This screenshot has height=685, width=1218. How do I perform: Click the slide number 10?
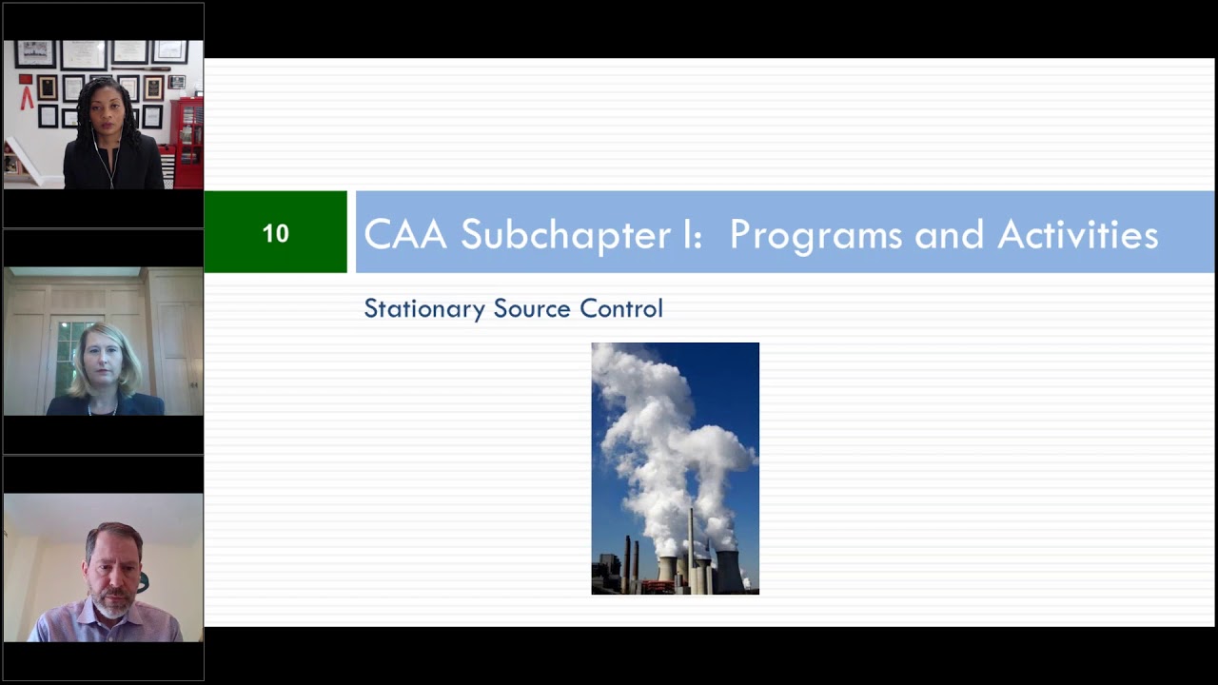click(275, 233)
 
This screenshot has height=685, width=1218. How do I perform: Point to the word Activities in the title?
click(1077, 235)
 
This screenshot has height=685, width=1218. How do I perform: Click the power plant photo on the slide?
click(675, 468)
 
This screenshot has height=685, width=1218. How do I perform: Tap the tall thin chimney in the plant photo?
click(690, 547)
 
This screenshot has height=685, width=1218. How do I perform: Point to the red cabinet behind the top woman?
click(188, 143)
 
